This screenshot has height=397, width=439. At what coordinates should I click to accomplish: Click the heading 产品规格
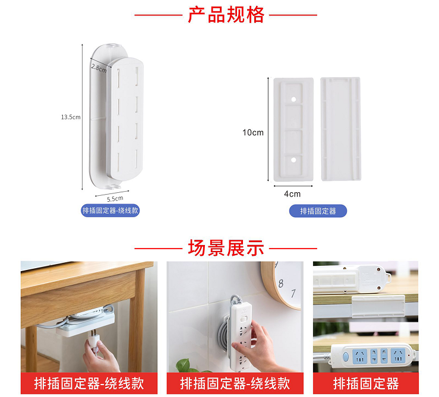pyautogui.click(x=226, y=15)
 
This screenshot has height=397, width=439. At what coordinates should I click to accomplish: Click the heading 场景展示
pyautogui.click(x=226, y=248)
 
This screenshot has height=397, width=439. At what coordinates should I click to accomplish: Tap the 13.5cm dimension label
pyautogui.click(x=71, y=117)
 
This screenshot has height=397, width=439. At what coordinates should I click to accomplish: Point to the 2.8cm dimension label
pyautogui.click(x=99, y=68)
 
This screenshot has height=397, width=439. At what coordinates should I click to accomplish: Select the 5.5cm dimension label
pyautogui.click(x=115, y=199)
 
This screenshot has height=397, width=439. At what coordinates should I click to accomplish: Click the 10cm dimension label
pyautogui.click(x=253, y=132)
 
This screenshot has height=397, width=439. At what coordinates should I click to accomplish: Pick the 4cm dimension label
pyautogui.click(x=292, y=194)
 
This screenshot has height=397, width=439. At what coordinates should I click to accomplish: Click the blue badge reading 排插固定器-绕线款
pyautogui.click(x=110, y=211)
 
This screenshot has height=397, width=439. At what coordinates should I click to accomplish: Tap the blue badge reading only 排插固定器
pyautogui.click(x=318, y=211)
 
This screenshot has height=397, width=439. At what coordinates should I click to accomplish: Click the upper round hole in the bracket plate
pyautogui.click(x=293, y=99)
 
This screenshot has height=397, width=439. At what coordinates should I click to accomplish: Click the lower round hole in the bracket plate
pyautogui.click(x=293, y=160)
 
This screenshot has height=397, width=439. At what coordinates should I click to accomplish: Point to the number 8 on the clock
pyautogui.click(x=281, y=284)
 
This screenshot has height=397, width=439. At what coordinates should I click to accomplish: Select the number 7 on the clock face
pyautogui.click(x=293, y=293)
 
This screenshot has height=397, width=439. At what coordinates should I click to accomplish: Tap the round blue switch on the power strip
pyautogui.click(x=346, y=357)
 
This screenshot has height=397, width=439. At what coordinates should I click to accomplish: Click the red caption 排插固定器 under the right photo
pyautogui.click(x=366, y=383)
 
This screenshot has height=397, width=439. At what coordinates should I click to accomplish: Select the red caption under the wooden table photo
pyautogui.click(x=89, y=383)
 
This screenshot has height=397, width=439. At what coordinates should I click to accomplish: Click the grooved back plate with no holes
pyautogui.click(x=340, y=129)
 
